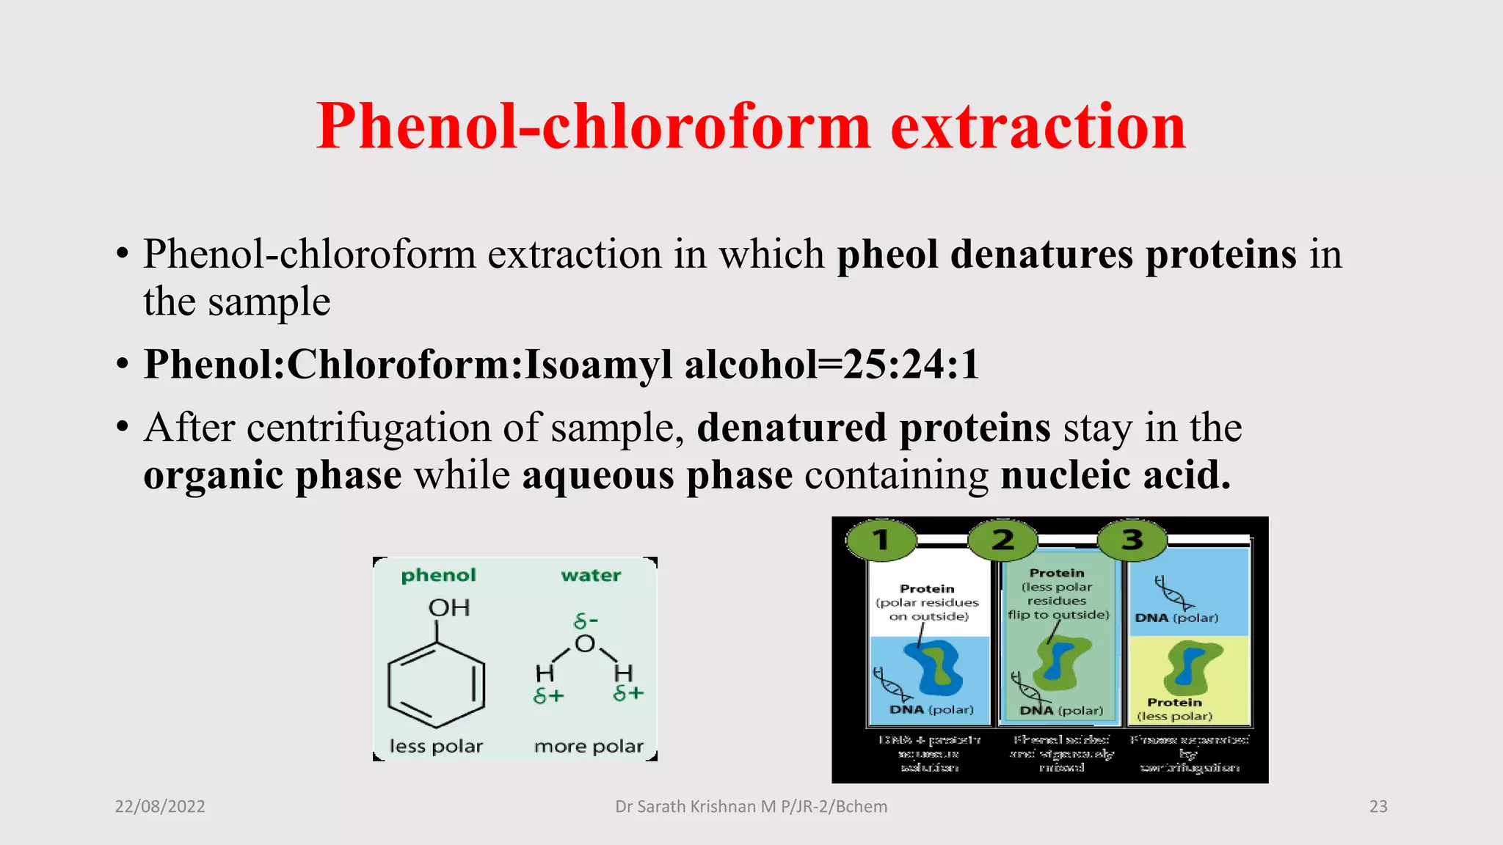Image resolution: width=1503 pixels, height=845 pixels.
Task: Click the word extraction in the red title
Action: [x=1038, y=126]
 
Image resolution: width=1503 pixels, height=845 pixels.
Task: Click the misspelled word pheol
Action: [x=887, y=255]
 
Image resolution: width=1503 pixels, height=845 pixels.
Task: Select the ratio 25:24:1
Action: [x=911, y=364]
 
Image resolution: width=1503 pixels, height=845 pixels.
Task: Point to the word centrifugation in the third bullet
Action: [x=369, y=428]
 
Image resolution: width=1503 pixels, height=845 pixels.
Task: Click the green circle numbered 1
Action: [x=881, y=541]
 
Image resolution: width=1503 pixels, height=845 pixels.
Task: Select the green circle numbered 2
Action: [x=1002, y=541]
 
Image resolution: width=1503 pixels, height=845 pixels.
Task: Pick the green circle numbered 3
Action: [x=1132, y=541]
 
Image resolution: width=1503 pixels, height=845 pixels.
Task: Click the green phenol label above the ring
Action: [x=438, y=576]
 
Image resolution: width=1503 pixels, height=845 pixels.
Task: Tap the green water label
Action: [x=591, y=576]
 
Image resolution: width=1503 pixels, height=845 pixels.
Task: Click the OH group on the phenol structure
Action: [x=448, y=608]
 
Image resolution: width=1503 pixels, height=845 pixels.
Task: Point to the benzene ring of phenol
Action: [x=437, y=684]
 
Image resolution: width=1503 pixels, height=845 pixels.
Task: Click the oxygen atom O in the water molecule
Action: [x=585, y=644]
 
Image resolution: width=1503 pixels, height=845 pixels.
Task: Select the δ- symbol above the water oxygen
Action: [x=586, y=622]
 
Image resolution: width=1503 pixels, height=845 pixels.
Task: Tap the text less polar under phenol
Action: [x=436, y=747]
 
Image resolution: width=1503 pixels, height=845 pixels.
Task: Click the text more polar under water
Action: [x=589, y=747]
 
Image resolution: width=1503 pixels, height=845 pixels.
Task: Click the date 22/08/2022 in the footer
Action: [x=160, y=807]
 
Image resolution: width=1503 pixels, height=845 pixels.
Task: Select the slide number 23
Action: [x=1378, y=807]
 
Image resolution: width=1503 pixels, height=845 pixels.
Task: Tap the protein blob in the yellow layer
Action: [x=1190, y=665]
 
